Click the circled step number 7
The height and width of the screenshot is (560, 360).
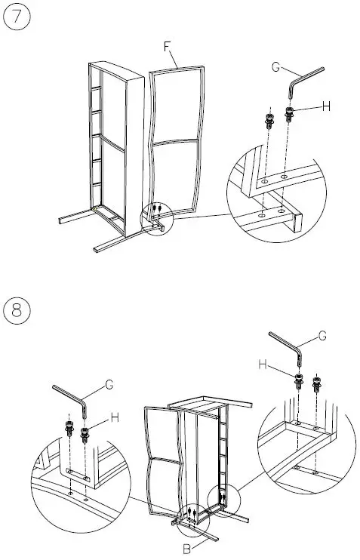tap(16, 17)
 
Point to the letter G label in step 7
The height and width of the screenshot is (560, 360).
tap(276, 67)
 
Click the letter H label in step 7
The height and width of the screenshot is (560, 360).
tap(326, 107)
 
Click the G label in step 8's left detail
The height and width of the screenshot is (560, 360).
tap(109, 385)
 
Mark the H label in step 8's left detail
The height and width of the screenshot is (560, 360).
tap(115, 417)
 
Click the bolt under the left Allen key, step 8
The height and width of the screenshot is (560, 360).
tap(85, 433)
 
